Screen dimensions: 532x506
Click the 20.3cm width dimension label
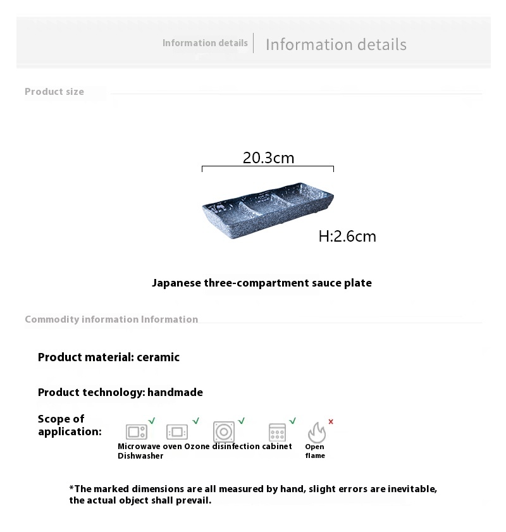pyautogui.click(x=268, y=158)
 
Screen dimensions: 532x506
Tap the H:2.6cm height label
pyautogui.click(x=347, y=237)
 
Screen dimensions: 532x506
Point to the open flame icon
pyautogui.click(x=316, y=432)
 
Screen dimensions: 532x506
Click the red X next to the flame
pyautogui.click(x=331, y=421)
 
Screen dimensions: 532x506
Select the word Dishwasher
pyautogui.click(x=140, y=456)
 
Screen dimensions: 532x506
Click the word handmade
pyautogui.click(x=175, y=393)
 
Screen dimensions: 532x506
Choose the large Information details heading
pyautogui.click(x=336, y=45)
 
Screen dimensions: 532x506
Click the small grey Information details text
pyautogui.click(x=205, y=43)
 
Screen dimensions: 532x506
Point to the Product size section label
pyautogui.click(x=54, y=92)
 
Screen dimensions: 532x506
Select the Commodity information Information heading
pyautogui.click(x=111, y=319)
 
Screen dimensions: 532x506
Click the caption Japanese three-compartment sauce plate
pyautogui.click(x=262, y=283)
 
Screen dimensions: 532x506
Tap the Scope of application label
pyautogui.click(x=70, y=425)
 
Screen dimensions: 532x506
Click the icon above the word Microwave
pyautogui.click(x=137, y=432)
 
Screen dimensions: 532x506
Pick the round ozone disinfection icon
pyautogui.click(x=224, y=432)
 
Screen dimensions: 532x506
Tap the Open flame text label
pyautogui.click(x=315, y=451)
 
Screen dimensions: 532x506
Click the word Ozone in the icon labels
pyautogui.click(x=197, y=447)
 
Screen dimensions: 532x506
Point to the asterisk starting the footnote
pyautogui.click(x=71, y=488)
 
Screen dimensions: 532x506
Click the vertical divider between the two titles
pyautogui.click(x=254, y=43)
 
